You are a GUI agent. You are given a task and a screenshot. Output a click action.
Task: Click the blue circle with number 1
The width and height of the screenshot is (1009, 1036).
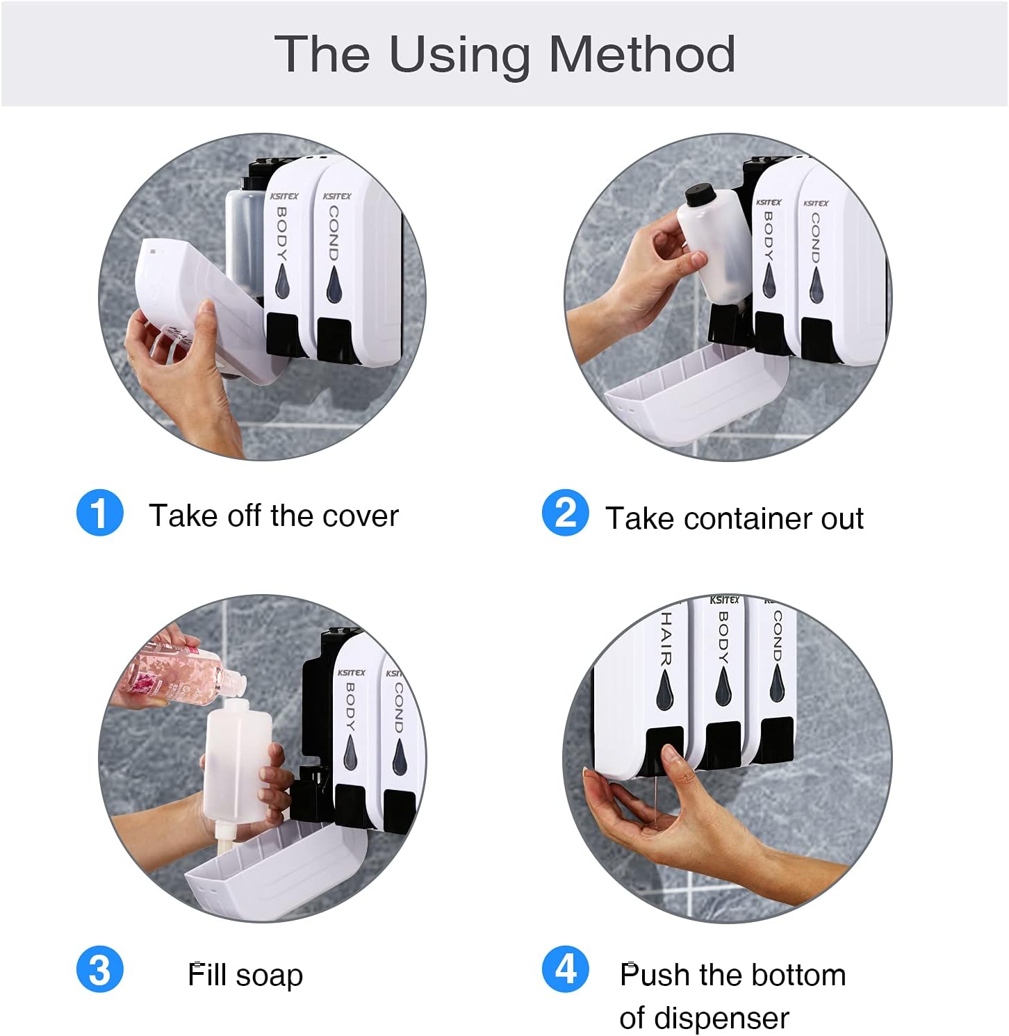click(x=100, y=513)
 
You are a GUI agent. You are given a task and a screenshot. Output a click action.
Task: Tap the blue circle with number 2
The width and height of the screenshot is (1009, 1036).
click(x=565, y=513)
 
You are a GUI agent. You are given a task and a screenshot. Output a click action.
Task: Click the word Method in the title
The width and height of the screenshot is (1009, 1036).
click(x=642, y=54)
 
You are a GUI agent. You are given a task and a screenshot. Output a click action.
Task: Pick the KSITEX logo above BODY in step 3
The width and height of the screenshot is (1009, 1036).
click(x=351, y=672)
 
